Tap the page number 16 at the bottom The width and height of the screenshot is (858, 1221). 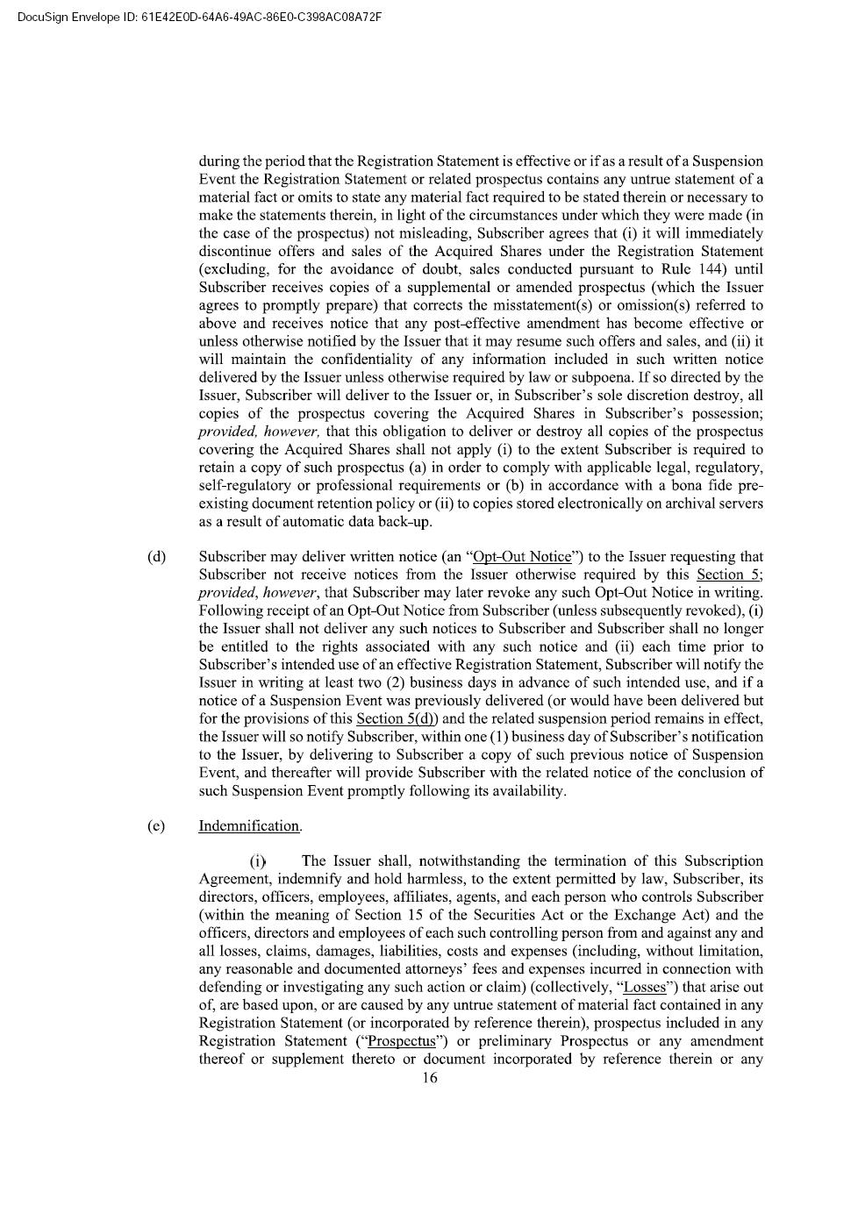(x=429, y=1078)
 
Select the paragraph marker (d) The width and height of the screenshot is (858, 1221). (x=156, y=557)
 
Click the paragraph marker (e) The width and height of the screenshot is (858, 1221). (x=156, y=826)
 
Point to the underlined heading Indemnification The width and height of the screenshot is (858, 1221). (x=249, y=826)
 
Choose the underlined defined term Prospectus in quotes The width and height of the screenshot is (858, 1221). (x=402, y=1042)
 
